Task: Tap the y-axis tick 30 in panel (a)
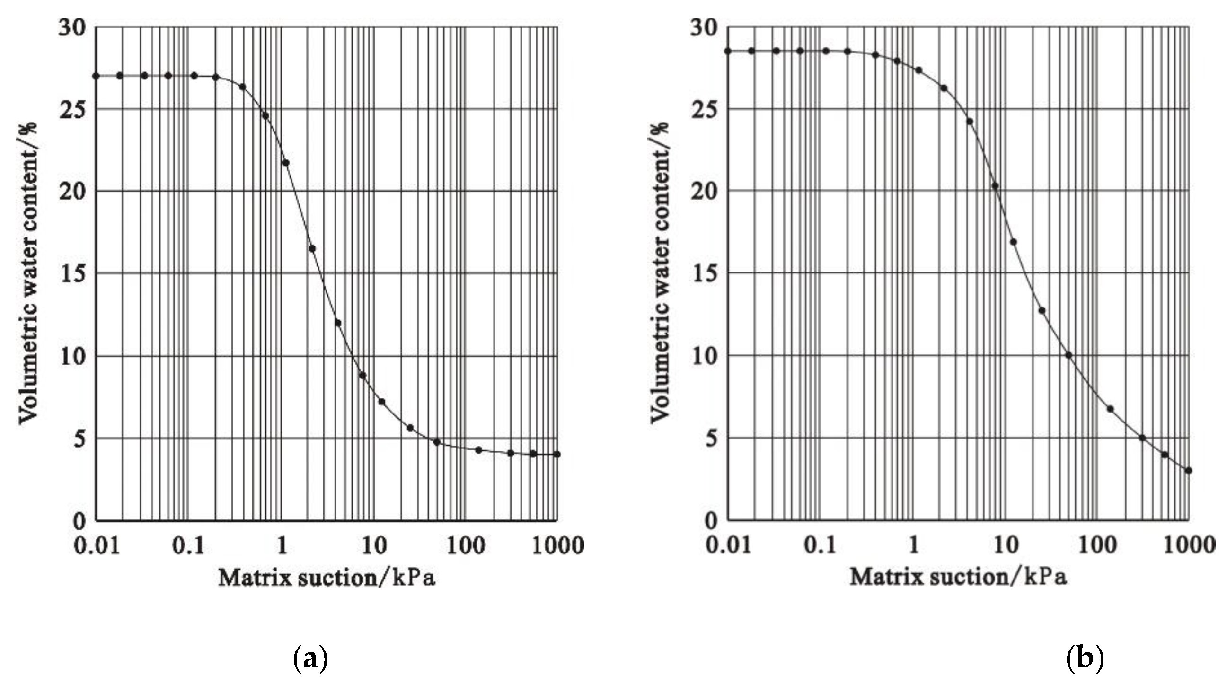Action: point(73,28)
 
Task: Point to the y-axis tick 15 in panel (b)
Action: point(705,274)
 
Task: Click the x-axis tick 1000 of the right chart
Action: point(1189,545)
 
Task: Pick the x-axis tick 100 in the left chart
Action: point(465,545)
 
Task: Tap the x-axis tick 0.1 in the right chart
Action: point(820,545)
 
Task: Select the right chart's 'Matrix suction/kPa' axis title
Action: point(958,578)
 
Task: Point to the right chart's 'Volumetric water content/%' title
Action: point(660,272)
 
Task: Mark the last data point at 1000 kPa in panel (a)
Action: point(557,454)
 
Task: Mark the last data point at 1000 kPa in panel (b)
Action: point(1188,470)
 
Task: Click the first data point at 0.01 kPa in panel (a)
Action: point(96,76)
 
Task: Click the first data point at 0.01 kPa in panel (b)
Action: point(727,51)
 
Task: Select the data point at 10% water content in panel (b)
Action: point(1068,355)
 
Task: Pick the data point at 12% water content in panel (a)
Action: point(338,323)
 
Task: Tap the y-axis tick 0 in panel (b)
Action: point(711,520)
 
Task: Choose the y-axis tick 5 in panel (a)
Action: point(79,439)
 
